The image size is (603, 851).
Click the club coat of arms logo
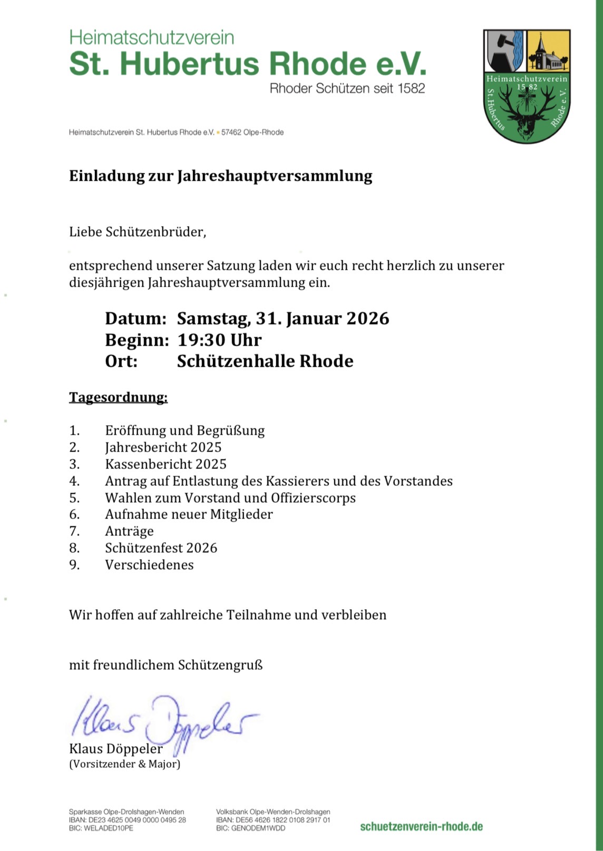click(x=527, y=86)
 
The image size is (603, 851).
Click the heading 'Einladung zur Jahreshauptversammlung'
click(x=220, y=176)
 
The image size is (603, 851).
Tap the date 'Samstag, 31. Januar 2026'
click(x=283, y=319)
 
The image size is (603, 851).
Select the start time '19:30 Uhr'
click(x=219, y=340)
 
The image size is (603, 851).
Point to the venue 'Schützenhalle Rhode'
click(x=265, y=361)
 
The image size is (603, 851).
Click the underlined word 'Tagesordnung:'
click(x=118, y=397)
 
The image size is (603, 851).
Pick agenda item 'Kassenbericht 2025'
click(x=166, y=464)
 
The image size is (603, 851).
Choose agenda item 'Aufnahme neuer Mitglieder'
click(x=189, y=514)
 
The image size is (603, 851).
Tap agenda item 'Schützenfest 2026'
click(x=161, y=548)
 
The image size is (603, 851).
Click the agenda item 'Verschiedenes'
click(x=149, y=565)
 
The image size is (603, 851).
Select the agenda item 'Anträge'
click(x=129, y=531)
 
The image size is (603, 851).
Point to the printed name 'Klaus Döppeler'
click(x=115, y=749)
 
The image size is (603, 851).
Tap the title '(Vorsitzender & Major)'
click(x=124, y=764)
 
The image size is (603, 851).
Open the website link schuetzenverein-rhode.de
click(x=421, y=826)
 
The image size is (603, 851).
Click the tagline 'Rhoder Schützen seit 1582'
click(x=347, y=89)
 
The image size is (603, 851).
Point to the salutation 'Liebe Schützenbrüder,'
click(x=138, y=232)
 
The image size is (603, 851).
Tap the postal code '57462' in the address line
click(x=231, y=132)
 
